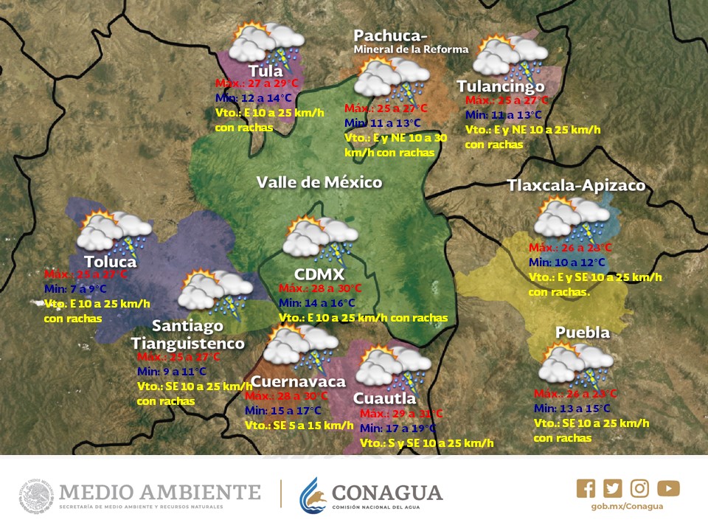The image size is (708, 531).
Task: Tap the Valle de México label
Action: (x=319, y=182)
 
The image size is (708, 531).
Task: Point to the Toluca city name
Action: (x=110, y=262)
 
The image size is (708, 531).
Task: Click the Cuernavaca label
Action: (x=298, y=381)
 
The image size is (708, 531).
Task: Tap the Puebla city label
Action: (x=583, y=333)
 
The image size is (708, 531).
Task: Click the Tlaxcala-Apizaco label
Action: (x=576, y=185)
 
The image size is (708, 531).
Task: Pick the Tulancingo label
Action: (x=500, y=86)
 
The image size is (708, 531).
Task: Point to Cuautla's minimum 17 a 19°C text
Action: (x=398, y=428)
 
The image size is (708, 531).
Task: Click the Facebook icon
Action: (x=586, y=488)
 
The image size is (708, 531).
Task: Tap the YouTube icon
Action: (x=668, y=488)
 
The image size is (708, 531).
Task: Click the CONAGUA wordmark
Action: (x=387, y=492)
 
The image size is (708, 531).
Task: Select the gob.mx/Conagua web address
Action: (x=627, y=507)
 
